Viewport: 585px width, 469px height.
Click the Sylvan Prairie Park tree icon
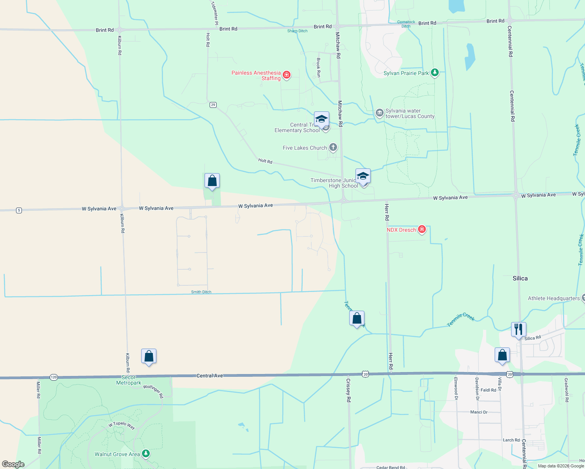[x=434, y=73]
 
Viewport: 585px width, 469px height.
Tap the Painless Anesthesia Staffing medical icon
[x=287, y=75]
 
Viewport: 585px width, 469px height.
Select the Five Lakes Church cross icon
[x=333, y=147]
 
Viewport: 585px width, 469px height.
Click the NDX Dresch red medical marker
[x=422, y=229]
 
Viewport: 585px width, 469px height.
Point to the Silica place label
[x=520, y=278]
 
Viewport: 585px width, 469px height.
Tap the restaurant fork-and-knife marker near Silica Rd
[x=519, y=329]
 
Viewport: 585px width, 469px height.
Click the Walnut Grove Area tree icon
[x=146, y=453]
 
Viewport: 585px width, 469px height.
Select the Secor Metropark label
[x=129, y=380]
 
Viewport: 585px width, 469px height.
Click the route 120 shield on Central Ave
[x=54, y=377]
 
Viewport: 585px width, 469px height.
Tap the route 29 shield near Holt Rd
[x=213, y=105]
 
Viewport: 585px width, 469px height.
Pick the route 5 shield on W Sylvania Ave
[x=19, y=210]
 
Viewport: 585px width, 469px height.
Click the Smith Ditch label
[x=201, y=292]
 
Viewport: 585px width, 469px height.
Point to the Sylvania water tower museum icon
[x=379, y=113]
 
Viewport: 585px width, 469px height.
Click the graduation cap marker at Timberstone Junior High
[x=363, y=176]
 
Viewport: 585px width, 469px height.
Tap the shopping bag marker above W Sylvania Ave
[x=212, y=181]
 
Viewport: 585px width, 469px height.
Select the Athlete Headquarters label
[x=554, y=298]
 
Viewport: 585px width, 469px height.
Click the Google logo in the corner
[x=13, y=464]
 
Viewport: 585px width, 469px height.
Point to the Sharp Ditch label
[x=297, y=31]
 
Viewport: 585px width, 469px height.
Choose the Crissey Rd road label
[x=348, y=390]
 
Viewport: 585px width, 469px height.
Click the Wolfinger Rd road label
[x=153, y=391]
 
